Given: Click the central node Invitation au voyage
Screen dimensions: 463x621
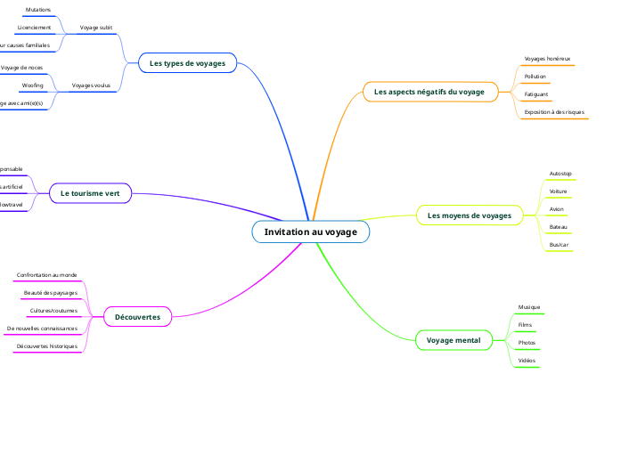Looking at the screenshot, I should click(x=310, y=231).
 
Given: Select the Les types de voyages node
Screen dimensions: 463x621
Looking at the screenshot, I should click(x=187, y=63).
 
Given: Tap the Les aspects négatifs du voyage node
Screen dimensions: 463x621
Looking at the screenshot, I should click(x=429, y=91).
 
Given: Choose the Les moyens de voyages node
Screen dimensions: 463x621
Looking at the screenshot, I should click(x=470, y=215).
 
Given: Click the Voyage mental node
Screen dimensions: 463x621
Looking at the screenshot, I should click(x=453, y=340).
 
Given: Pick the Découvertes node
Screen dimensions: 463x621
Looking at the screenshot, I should click(x=138, y=316).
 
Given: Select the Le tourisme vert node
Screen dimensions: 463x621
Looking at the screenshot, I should click(x=90, y=192).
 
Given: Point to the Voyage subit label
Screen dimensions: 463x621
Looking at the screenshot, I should click(x=96, y=28).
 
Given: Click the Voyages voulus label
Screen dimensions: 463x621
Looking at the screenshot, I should click(x=91, y=85).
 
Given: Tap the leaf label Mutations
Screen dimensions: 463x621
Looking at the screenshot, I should click(x=38, y=10).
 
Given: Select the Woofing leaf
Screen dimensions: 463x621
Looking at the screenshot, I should click(x=33, y=85).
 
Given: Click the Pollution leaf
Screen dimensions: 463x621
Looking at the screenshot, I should click(x=535, y=77).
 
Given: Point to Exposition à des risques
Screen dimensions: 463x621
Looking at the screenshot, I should click(x=554, y=112).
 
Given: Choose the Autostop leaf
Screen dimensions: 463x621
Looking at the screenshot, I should click(x=561, y=173).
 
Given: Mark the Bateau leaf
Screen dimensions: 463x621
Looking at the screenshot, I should click(x=559, y=226).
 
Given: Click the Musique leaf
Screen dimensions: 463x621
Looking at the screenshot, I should click(x=529, y=307).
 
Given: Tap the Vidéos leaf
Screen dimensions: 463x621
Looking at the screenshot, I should click(x=527, y=361).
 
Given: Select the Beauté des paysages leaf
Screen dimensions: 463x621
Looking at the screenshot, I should click(x=51, y=293).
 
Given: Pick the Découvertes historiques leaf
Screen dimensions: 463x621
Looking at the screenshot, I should click(x=47, y=346).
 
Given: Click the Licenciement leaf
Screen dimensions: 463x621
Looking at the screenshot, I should click(x=35, y=28).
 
